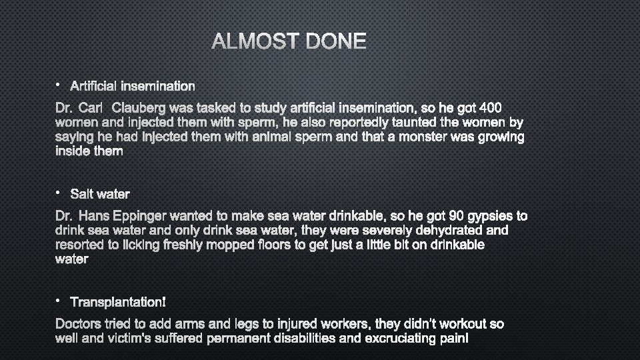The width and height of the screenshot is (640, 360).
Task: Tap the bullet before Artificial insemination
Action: point(58,85)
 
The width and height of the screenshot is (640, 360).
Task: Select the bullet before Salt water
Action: point(58,193)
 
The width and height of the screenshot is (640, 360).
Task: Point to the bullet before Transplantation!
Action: point(58,301)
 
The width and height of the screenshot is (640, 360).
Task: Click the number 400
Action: point(506,107)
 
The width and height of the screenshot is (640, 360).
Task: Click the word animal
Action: point(273,137)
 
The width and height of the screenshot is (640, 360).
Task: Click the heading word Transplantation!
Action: point(118,303)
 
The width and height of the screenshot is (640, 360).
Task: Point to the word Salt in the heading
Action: point(82,194)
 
